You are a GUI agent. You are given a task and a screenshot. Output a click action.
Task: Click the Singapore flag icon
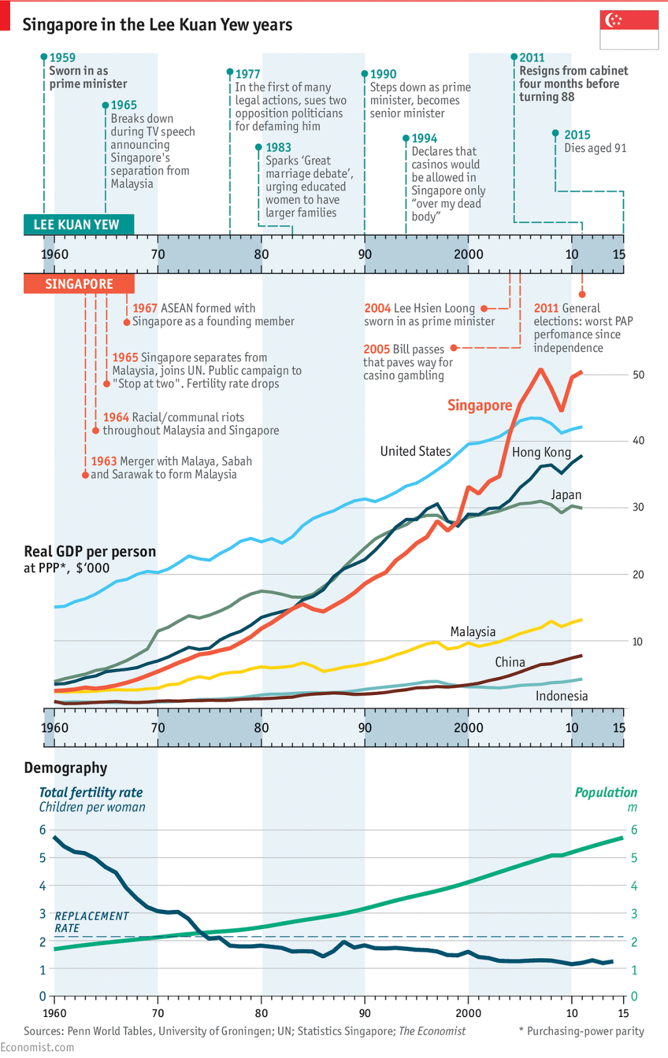coord(629,30)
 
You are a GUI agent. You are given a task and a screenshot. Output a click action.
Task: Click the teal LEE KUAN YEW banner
coord(78,224)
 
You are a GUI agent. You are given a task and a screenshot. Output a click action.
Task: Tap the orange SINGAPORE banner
coord(79,284)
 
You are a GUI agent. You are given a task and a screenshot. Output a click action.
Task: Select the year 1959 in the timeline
coord(63,58)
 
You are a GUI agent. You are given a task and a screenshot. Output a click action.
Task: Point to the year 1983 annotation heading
coord(278,147)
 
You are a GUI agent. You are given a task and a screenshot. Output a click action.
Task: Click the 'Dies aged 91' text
coord(595,148)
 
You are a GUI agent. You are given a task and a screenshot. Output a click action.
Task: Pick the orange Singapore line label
coord(480,405)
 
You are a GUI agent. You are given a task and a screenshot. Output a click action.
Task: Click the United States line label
coord(415,451)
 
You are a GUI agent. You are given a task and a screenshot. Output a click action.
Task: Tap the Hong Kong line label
coord(541,452)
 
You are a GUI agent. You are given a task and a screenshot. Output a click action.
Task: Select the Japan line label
coord(566,495)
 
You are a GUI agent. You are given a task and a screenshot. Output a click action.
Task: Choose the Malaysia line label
coord(473,631)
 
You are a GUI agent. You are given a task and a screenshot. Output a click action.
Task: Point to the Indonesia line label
coord(562,696)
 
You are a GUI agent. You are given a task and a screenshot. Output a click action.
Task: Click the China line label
coord(510,662)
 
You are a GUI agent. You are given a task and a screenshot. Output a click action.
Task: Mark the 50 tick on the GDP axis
coord(638,375)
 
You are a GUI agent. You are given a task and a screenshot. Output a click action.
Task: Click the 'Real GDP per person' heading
coord(90,551)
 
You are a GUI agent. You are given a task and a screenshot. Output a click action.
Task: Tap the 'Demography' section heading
coord(65,768)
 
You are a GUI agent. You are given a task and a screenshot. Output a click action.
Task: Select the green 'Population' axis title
coord(606,792)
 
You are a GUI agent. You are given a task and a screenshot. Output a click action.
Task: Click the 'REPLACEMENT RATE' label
coord(91,922)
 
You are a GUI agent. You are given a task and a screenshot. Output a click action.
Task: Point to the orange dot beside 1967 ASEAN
coord(127,322)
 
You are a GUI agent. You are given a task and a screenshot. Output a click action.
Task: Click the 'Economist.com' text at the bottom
coord(38,1047)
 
